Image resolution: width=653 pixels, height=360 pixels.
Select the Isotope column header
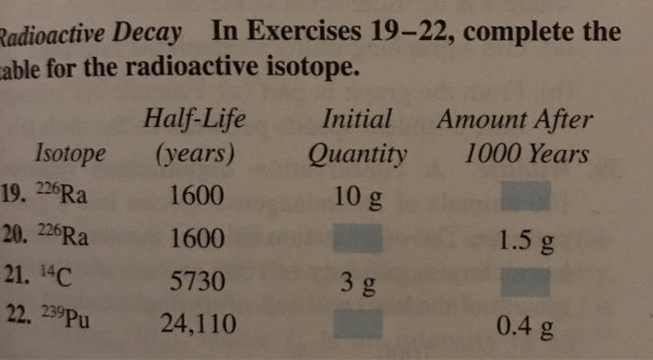click(70, 152)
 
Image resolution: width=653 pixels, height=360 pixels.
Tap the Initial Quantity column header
click(357, 136)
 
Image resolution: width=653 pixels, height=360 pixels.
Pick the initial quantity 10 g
click(356, 197)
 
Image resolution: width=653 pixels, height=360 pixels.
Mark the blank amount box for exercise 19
click(526, 198)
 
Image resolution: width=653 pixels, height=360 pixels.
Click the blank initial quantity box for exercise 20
click(358, 239)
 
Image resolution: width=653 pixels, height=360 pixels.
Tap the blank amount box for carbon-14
click(526, 282)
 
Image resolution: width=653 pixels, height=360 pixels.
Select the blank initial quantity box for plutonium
click(358, 324)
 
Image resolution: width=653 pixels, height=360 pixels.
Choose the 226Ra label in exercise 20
click(63, 236)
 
